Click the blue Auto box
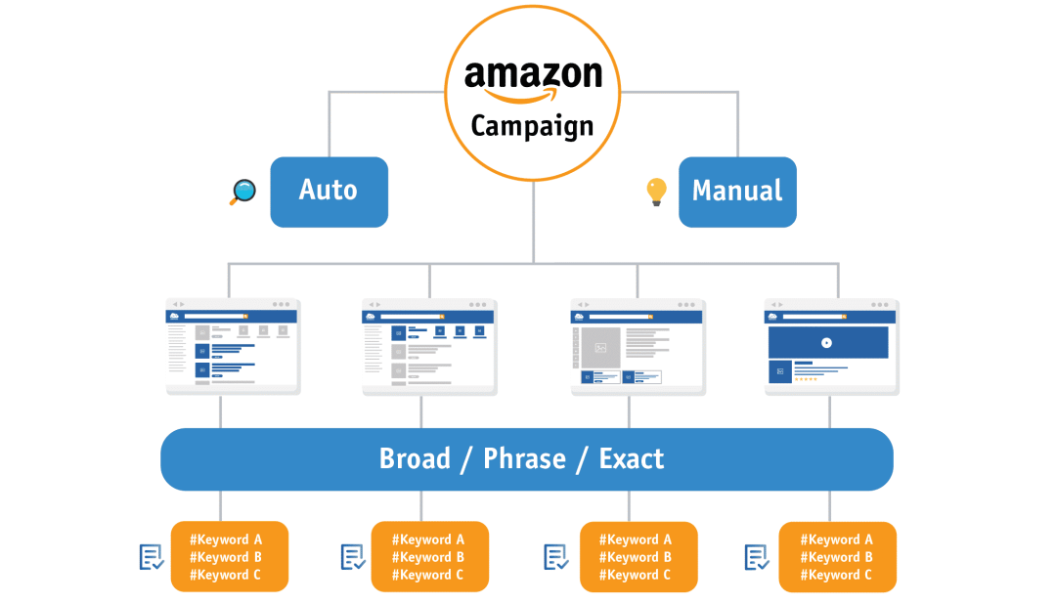pos(329,192)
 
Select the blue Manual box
pos(737,192)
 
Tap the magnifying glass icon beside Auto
pos(242,192)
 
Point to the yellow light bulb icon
pos(656,191)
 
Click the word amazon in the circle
pos(533,75)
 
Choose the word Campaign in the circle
pos(533,127)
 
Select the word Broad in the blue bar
pos(415,458)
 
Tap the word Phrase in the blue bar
pos(525,458)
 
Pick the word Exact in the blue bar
pos(632,458)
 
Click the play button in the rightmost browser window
pos(827,343)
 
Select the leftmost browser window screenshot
pos(233,347)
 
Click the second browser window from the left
pos(429,347)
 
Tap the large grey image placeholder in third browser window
pos(600,347)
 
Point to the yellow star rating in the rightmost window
pos(806,379)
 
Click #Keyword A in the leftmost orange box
pos(226,539)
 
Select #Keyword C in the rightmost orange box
pos(836,575)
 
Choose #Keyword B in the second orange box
pos(428,557)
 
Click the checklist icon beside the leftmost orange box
pos(152,557)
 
